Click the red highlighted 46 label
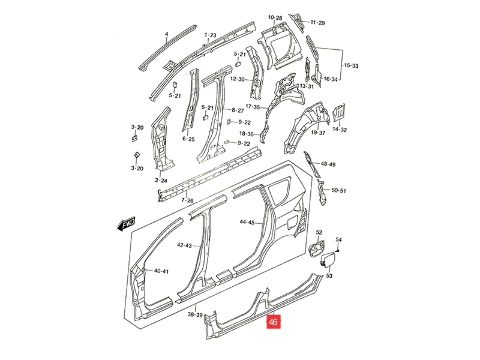[273, 322]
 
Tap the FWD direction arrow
[126, 224]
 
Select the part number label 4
[166, 34]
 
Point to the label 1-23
[210, 35]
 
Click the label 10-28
[275, 18]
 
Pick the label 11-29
[318, 23]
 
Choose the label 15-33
[351, 66]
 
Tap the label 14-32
[340, 130]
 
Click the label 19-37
[318, 133]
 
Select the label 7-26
[187, 200]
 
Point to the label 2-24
[161, 180]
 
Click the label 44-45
[247, 222]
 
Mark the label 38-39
[195, 314]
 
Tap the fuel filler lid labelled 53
[327, 259]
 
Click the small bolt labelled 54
[338, 251]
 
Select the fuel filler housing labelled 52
[316, 248]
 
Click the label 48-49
[328, 164]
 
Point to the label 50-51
[339, 190]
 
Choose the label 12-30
[237, 79]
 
